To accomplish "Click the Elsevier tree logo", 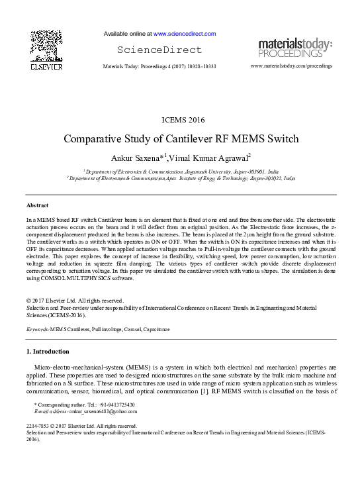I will pos(46,46).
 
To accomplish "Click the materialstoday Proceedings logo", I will pos(295,47).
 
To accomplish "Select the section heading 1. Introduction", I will pos(47,351).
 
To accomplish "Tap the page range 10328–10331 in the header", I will pos(201,67).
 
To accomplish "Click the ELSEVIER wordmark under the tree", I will pos(46,67).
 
